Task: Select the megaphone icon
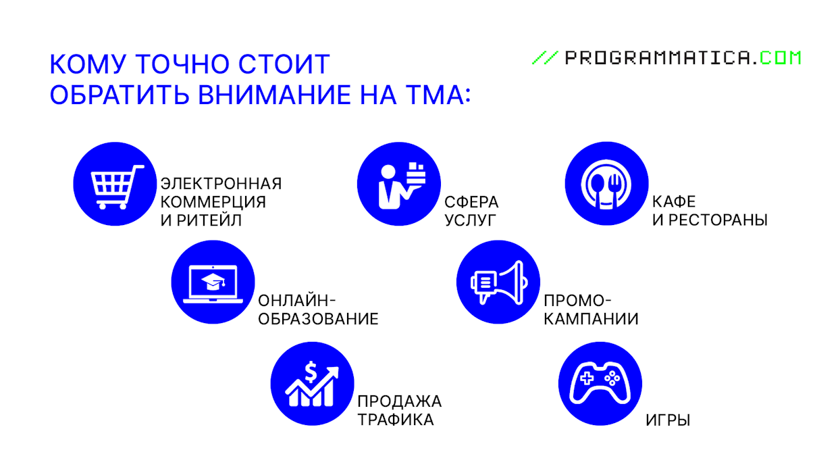tap(498, 282)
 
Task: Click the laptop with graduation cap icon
tap(213, 282)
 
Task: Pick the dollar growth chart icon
tap(312, 384)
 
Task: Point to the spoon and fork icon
tap(606, 183)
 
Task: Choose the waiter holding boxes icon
tap(398, 183)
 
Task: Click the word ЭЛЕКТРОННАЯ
tap(221, 184)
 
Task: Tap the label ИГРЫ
tap(668, 420)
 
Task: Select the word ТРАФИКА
tap(396, 420)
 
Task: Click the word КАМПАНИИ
tap(591, 319)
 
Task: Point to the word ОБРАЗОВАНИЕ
tap(318, 319)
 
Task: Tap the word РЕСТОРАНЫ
tap(718, 220)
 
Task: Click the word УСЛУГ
tap(470, 220)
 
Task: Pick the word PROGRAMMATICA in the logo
tap(658, 58)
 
